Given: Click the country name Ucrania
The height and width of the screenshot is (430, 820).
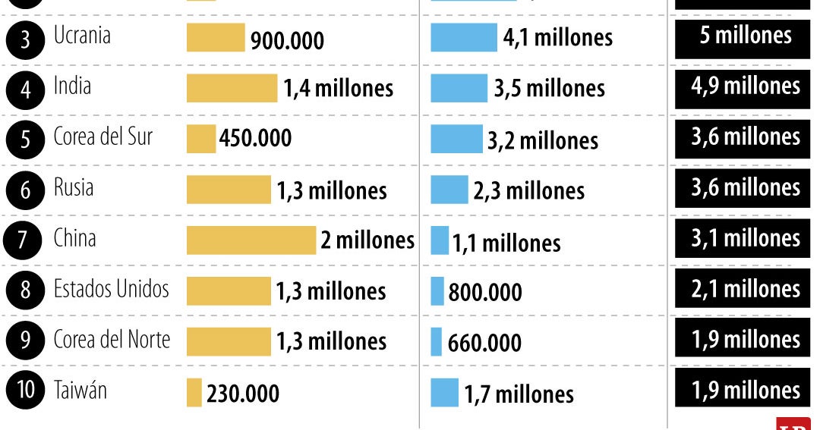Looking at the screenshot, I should pyautogui.click(x=82, y=36).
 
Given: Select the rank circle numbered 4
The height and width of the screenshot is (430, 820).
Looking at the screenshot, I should pyautogui.click(x=25, y=90).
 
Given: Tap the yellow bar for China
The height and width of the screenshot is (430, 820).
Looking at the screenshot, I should pyautogui.click(x=251, y=240).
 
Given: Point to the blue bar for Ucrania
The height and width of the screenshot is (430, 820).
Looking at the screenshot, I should pyautogui.click(x=463, y=37).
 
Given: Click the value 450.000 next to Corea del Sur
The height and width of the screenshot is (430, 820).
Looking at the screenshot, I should pyautogui.click(x=255, y=139).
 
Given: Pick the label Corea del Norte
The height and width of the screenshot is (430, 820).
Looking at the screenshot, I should pyautogui.click(x=112, y=340).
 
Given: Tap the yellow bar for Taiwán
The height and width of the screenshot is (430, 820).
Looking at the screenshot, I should pyautogui.click(x=194, y=393).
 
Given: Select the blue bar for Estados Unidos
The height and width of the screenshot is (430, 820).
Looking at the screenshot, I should pyautogui.click(x=437, y=291).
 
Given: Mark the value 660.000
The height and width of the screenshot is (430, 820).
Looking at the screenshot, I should pyautogui.click(x=484, y=343).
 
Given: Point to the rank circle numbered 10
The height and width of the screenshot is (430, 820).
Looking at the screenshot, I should pyautogui.click(x=25, y=391).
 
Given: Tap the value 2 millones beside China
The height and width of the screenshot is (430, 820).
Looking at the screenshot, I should pyautogui.click(x=367, y=240).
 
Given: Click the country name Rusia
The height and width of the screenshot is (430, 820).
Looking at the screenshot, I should pyautogui.click(x=74, y=187).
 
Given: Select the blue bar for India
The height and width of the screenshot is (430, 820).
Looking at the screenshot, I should pyautogui.click(x=459, y=88).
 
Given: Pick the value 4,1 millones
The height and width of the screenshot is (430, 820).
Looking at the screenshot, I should pyautogui.click(x=557, y=37).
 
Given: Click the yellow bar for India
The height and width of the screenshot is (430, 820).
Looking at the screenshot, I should pyautogui.click(x=232, y=88).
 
